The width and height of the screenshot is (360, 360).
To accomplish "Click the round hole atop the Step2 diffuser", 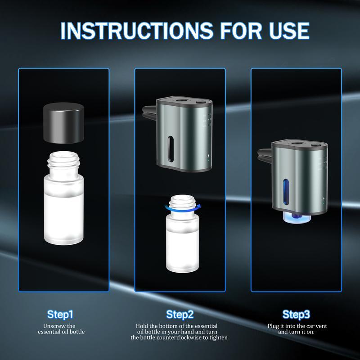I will (182, 99).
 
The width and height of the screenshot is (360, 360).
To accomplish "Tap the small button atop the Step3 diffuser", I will (316, 145).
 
